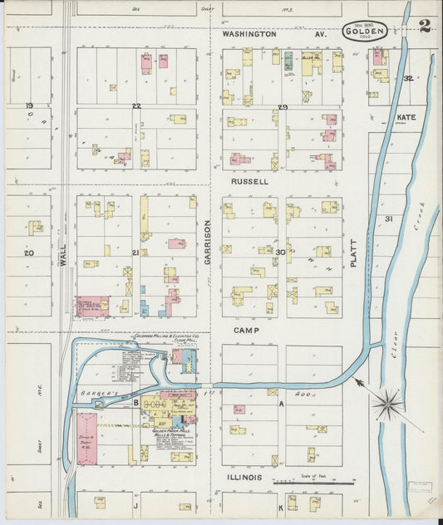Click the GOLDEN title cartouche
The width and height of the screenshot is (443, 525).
[364, 32]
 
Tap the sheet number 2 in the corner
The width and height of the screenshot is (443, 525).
[425, 26]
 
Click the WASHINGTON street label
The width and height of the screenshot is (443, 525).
[249, 34]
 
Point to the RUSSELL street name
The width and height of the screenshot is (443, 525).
[249, 180]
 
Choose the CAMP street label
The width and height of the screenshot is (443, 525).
[246, 330]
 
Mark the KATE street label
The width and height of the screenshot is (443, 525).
[406, 118]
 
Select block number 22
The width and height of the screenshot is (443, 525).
[136, 106]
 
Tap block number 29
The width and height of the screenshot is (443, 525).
[283, 107]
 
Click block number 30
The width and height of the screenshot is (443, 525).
[281, 252]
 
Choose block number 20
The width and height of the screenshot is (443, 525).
[29, 253]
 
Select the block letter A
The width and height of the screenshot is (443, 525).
[282, 403]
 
